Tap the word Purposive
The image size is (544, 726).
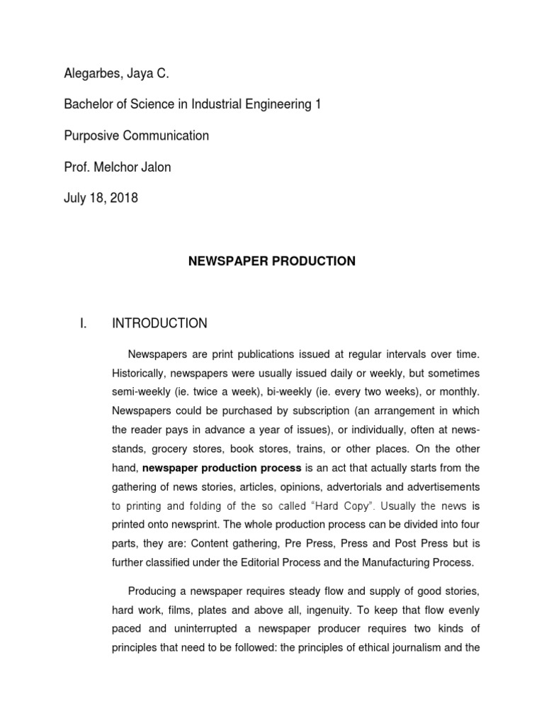click(x=93, y=135)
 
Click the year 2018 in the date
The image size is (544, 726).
click(x=123, y=198)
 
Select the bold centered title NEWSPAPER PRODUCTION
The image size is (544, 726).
click(x=271, y=262)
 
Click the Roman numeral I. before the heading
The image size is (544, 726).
click(x=83, y=323)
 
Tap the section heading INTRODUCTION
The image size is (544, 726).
click(x=159, y=323)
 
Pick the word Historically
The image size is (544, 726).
click(x=142, y=373)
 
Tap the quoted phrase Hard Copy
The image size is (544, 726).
click(x=352, y=506)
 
